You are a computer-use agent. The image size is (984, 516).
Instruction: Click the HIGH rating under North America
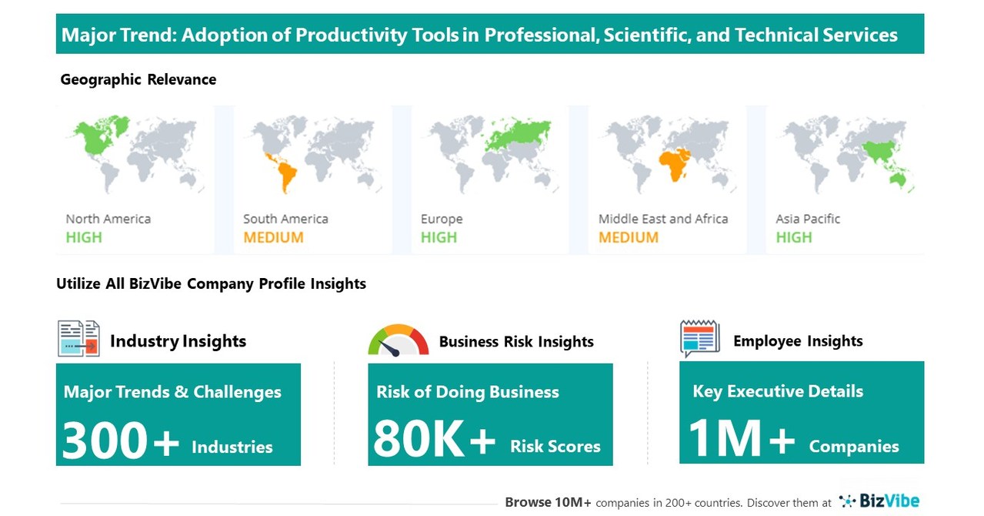tap(83, 237)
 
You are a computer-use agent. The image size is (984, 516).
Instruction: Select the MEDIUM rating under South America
tap(273, 237)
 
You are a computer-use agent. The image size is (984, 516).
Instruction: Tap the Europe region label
tap(442, 219)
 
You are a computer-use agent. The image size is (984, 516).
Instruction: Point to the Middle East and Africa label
tap(663, 219)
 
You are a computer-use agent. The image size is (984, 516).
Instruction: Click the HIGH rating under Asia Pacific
tap(793, 237)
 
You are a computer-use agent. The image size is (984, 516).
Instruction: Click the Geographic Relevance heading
tap(138, 79)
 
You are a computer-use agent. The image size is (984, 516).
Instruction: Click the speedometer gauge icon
tap(398, 341)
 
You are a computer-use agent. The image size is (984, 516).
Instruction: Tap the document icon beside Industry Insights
tap(78, 339)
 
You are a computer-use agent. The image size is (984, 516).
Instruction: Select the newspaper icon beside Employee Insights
tap(699, 339)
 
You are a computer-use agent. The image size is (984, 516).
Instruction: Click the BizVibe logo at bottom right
tap(879, 501)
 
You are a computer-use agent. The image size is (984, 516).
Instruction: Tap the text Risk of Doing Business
tap(468, 391)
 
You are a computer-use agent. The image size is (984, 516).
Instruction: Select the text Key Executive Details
tap(778, 391)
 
